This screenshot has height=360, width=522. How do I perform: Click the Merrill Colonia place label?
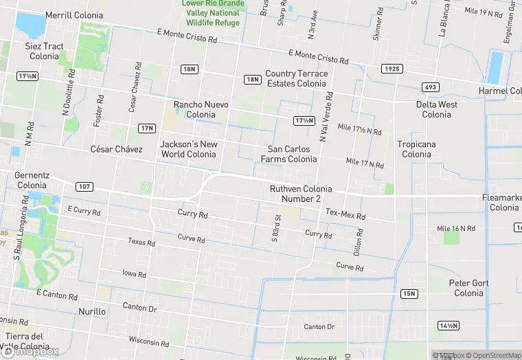click(73, 15)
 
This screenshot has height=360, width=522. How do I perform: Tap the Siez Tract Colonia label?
click(44, 52)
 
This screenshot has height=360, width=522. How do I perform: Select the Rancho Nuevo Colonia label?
click(201, 109)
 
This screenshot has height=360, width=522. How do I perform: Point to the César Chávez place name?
click(116, 149)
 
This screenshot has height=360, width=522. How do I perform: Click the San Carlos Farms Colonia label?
click(288, 154)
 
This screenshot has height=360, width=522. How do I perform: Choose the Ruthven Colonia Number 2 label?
click(301, 194)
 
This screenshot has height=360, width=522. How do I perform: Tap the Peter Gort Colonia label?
click(468, 288)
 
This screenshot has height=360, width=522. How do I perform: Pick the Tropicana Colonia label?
click(417, 149)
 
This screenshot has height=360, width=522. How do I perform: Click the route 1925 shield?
click(392, 69)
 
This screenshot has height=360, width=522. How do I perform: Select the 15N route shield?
click(409, 294)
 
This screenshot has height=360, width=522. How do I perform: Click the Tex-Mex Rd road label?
click(345, 214)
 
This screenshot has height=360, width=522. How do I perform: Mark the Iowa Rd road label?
click(133, 274)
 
